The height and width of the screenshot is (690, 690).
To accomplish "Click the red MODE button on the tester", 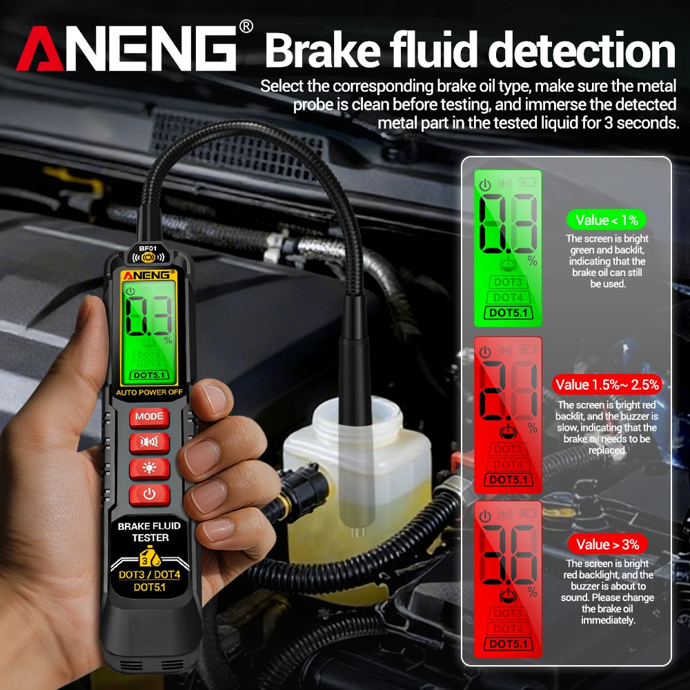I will pyautogui.click(x=149, y=417).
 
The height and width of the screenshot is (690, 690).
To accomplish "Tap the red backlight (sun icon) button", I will pyautogui.click(x=149, y=468).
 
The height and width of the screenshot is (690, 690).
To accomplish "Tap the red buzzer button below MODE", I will pyautogui.click(x=149, y=442).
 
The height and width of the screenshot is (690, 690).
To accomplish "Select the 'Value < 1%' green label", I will pyautogui.click(x=607, y=220).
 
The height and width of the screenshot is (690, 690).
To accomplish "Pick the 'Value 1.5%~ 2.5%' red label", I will pyautogui.click(x=607, y=384).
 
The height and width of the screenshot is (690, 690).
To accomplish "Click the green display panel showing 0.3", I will pyautogui.click(x=508, y=248).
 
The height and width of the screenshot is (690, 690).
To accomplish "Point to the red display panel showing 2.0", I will pyautogui.click(x=508, y=415).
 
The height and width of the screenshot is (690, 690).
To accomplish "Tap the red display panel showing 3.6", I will pyautogui.click(x=508, y=579).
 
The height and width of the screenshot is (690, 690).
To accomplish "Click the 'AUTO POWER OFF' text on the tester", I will pyautogui.click(x=149, y=393).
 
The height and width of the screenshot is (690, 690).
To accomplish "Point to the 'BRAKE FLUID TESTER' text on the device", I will pyautogui.click(x=149, y=531).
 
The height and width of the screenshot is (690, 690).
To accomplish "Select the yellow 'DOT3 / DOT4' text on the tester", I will pyautogui.click(x=149, y=574).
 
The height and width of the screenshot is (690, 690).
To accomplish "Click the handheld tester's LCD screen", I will pyautogui.click(x=149, y=328).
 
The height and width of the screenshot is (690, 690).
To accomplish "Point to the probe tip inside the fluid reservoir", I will pyautogui.click(x=357, y=531).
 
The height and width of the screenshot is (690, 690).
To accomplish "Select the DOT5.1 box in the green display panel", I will pyautogui.click(x=508, y=313).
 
